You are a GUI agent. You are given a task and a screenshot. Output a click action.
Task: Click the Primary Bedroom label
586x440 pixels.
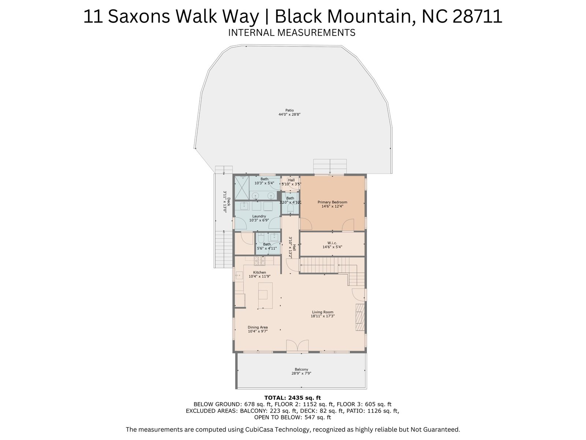click(x=332, y=202)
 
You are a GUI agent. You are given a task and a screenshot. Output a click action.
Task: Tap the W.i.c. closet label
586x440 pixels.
click(x=332, y=243)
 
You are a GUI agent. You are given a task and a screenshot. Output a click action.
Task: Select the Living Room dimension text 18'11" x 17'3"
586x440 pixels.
click(x=323, y=316)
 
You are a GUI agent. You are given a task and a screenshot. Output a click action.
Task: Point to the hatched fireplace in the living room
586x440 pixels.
click(x=360, y=318)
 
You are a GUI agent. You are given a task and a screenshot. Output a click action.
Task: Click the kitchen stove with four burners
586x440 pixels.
click(x=260, y=261)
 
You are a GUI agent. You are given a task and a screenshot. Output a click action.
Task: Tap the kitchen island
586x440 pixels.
click(x=266, y=295)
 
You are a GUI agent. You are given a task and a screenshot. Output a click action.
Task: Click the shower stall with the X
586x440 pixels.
click(x=242, y=188)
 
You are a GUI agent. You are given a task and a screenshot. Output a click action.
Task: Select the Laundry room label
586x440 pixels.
click(x=259, y=216)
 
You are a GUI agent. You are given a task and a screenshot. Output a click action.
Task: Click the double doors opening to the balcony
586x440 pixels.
click(x=297, y=346)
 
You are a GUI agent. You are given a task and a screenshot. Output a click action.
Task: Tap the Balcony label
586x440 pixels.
click(x=301, y=370)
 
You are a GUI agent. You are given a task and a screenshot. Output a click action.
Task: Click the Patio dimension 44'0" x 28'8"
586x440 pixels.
click(x=289, y=114)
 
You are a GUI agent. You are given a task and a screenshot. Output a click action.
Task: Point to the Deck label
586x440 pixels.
click(x=229, y=201)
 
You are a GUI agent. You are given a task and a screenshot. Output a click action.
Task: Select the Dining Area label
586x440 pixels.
click(x=257, y=327)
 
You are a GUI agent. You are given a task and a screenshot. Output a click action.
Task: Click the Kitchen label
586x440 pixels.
click(x=260, y=272)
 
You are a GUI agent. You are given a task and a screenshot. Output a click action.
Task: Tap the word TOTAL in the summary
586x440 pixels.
click(x=274, y=398)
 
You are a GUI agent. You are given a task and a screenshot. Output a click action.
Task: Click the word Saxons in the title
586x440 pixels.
click(x=139, y=16)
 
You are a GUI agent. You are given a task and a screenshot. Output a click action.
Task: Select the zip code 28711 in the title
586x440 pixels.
click(x=477, y=16)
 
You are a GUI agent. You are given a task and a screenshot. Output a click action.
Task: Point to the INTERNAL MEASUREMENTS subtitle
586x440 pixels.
click(x=292, y=33)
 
